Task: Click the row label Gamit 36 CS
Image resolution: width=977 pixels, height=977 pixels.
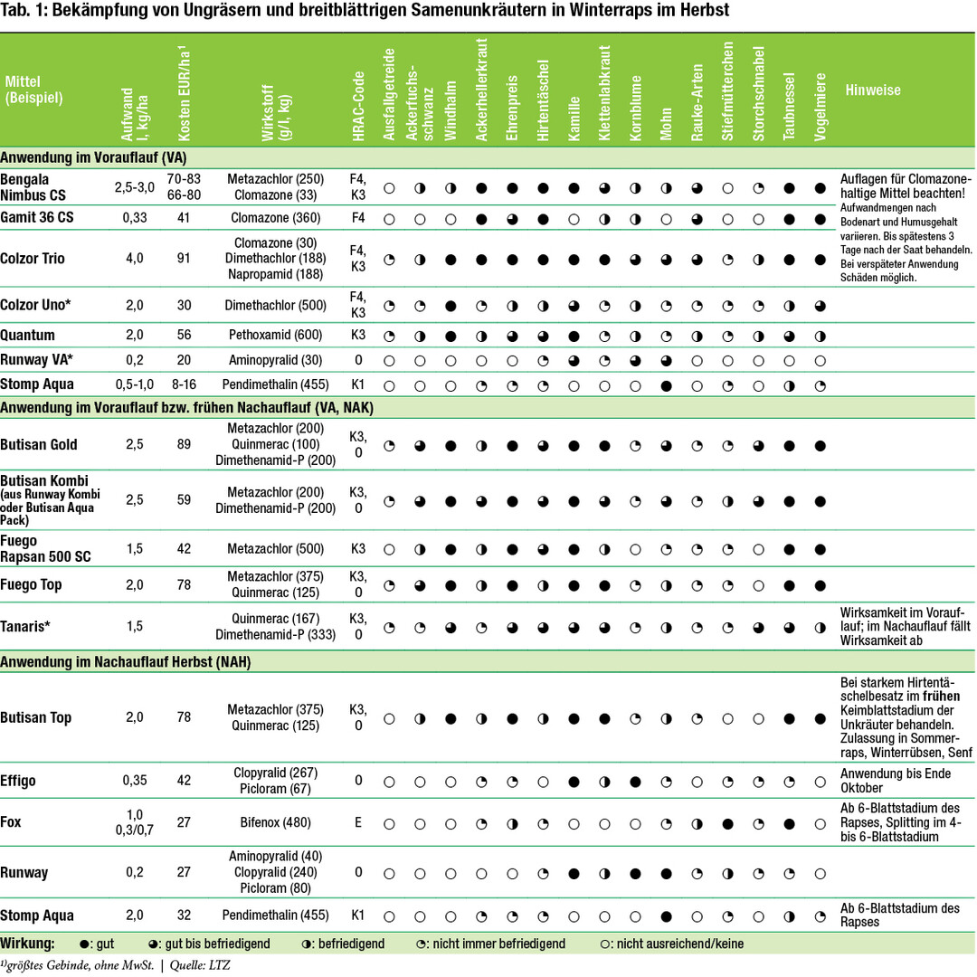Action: click(x=38, y=218)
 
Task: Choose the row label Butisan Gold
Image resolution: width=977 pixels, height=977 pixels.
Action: click(x=39, y=444)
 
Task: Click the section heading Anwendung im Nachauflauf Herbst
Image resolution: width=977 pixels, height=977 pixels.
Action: click(x=126, y=662)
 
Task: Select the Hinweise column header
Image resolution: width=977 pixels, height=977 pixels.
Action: click(x=873, y=90)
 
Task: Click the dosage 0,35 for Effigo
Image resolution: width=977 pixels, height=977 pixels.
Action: click(x=135, y=780)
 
